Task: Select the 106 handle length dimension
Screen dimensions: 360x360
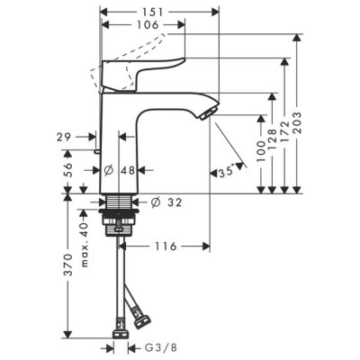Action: coord(148,25)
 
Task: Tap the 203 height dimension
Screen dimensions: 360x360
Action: coord(296,123)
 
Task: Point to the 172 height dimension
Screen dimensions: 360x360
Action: coord(284,131)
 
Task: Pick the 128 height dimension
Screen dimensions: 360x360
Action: coord(272,139)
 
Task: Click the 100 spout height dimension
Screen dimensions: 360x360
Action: coord(261,151)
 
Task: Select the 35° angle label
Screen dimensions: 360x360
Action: coord(226,172)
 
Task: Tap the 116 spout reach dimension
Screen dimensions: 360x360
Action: coord(166,247)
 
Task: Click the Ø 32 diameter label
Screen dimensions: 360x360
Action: coord(166,202)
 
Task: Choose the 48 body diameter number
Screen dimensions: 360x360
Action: coord(128,170)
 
